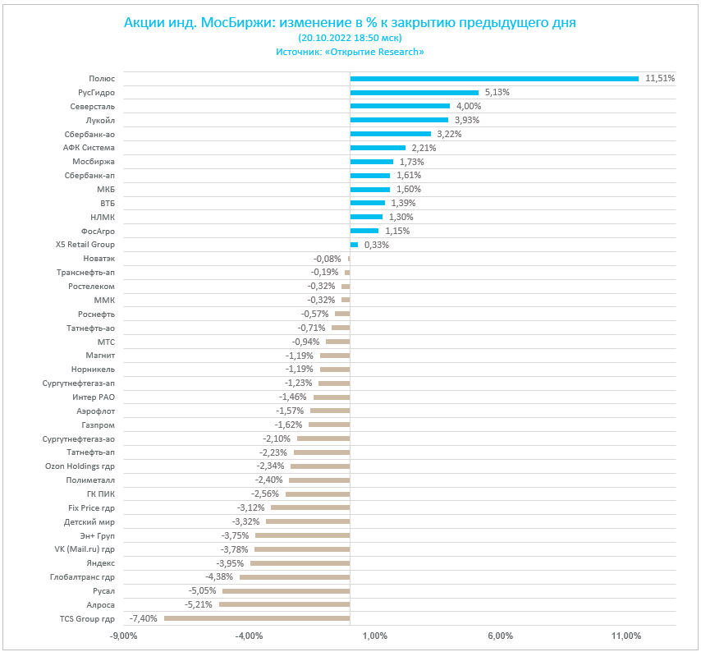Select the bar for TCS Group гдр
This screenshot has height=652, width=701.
point(257,618)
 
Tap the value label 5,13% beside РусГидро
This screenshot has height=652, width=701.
point(497,93)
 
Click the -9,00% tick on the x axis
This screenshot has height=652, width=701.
point(123,636)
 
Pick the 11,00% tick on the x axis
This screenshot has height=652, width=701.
point(626,636)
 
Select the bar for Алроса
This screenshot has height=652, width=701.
point(284,604)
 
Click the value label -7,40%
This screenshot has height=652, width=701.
point(144,618)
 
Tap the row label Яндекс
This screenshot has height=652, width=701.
point(100,563)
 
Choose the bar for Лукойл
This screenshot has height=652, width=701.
point(399,120)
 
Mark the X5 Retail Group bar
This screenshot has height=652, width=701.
point(354,245)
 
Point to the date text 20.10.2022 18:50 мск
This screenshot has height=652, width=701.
point(350,38)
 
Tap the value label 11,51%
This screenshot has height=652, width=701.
point(660,79)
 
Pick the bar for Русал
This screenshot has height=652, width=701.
point(286,590)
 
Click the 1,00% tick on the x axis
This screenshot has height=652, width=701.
point(374,636)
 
